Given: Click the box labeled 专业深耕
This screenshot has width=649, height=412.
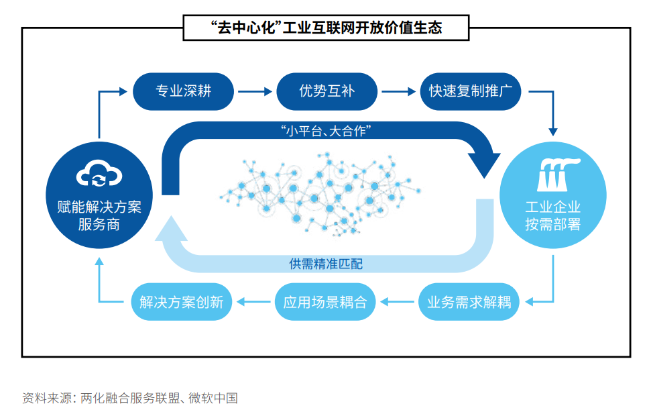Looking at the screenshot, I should point(184,91).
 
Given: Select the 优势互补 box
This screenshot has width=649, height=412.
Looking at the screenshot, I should point(327,91).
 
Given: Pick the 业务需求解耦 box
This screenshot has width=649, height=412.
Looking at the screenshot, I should point(469,301).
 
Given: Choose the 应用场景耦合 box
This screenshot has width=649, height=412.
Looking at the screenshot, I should point(325,301).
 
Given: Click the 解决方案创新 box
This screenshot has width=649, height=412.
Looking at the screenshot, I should point(181,301).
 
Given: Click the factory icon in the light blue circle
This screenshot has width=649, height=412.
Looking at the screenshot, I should point(552,173).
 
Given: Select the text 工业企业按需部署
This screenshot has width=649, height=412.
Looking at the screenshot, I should point(552,215).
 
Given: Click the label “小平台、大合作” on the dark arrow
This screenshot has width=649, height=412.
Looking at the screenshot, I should point(326,132).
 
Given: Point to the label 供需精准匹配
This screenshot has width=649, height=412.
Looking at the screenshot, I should point(326,264).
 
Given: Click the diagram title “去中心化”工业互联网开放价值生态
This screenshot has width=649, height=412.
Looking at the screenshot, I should point(326,28).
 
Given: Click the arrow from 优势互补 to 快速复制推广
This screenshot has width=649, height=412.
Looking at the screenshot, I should point(398,91).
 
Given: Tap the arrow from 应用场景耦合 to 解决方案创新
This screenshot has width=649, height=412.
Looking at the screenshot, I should point(253,302).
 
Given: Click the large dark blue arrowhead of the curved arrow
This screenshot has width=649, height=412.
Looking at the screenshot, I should point(483,161).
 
